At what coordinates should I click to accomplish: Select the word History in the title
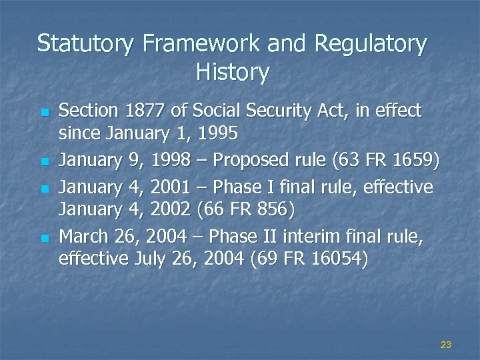(233, 72)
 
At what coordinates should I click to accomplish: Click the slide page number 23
(446, 345)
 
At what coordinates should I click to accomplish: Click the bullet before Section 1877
(45, 111)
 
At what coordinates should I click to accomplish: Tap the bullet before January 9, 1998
(45, 161)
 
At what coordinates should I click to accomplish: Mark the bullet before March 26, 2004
(45, 236)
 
